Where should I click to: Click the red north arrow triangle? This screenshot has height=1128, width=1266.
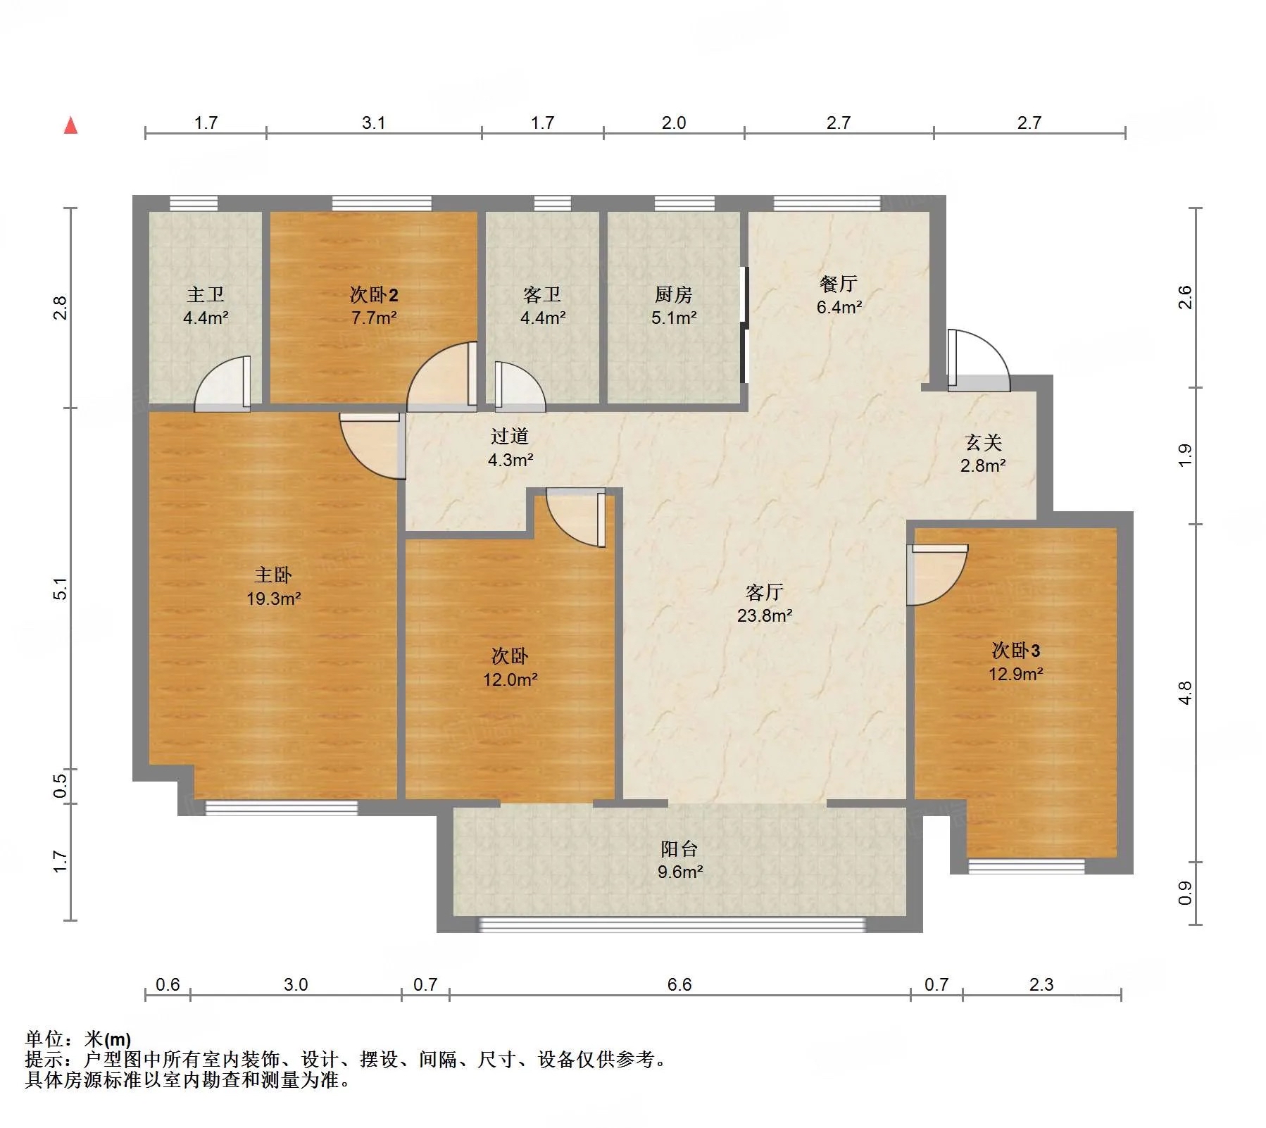pos(70,125)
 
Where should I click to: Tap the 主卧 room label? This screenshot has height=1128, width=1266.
pos(273,575)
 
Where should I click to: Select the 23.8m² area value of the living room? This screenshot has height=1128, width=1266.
pos(765,615)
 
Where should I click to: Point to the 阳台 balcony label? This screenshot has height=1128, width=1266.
pos(679,848)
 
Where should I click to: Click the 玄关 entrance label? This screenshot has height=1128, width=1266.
pos(983,442)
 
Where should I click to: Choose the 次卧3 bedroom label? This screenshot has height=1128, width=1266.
pos(1016,650)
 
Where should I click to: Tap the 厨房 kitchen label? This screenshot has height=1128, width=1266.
pos(674,294)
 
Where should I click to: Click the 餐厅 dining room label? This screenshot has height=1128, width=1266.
pos(839,284)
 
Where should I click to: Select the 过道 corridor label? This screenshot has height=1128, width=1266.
pos(510,437)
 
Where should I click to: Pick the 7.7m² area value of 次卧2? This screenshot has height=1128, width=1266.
pos(374,318)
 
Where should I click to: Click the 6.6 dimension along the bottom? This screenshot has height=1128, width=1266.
pos(679,984)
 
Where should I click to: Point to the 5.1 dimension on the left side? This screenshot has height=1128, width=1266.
pos(61,589)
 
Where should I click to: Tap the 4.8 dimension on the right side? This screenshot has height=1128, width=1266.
pos(1186,693)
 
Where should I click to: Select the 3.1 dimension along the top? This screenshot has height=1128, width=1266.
pos(374,123)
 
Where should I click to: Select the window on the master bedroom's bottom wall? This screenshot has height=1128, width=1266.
pos(282,808)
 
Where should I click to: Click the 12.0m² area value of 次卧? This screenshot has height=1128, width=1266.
pos(510,679)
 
